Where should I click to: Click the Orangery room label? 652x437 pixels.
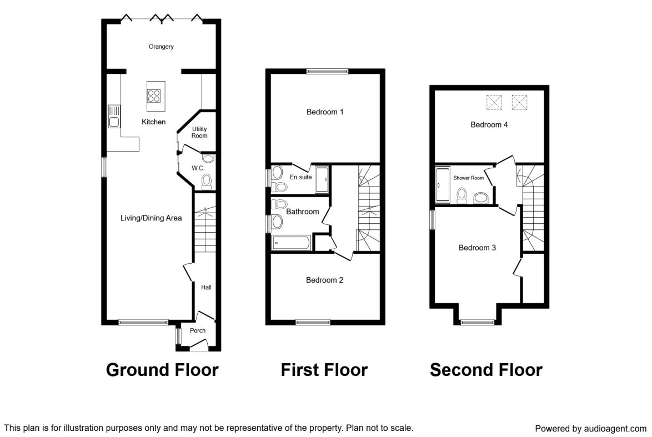click(161, 47)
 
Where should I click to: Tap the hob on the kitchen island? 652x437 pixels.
click(154, 96)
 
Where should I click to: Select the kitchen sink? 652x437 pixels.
click(114, 117)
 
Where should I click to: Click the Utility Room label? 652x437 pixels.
click(199, 132)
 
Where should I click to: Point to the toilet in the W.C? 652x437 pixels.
click(206, 182)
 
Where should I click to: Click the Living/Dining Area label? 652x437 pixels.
click(151, 218)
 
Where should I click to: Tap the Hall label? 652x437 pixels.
click(206, 287)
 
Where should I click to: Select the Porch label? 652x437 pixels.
click(198, 330)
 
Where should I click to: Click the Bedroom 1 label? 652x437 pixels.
click(325, 112)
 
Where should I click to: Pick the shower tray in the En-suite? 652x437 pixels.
click(322, 179)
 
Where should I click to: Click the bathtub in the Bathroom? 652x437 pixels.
click(291, 243)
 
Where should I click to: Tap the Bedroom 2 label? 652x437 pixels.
click(324, 280)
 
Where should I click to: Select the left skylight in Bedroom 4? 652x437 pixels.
click(494, 102)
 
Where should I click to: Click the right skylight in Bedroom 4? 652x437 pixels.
click(519, 102)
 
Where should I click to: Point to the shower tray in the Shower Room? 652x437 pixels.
click(443, 184)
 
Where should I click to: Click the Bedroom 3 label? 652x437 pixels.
click(477, 248)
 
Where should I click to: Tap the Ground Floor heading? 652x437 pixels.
click(162, 370)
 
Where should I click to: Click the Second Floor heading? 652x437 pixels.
click(486, 370)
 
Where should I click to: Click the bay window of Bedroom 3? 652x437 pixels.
click(478, 322)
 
